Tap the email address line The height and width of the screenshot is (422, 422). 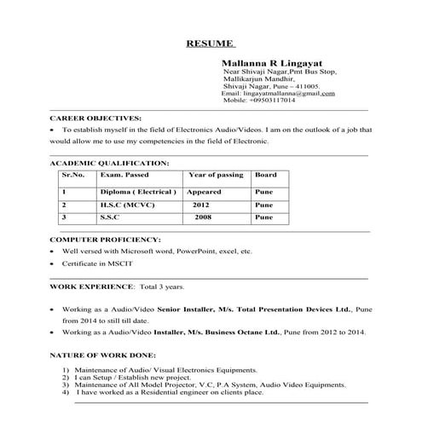click(278, 93)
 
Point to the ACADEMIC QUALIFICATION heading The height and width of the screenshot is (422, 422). click(109, 162)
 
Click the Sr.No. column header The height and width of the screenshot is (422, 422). click(73, 175)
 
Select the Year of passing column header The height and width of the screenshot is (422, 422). click(215, 175)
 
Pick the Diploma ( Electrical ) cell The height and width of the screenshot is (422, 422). click(137, 192)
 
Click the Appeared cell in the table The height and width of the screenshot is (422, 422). click(205, 192)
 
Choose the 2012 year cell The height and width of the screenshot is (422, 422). click(201, 205)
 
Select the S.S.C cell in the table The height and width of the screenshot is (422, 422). click(111, 218)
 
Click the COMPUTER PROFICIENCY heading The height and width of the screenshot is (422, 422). click(106, 240)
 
